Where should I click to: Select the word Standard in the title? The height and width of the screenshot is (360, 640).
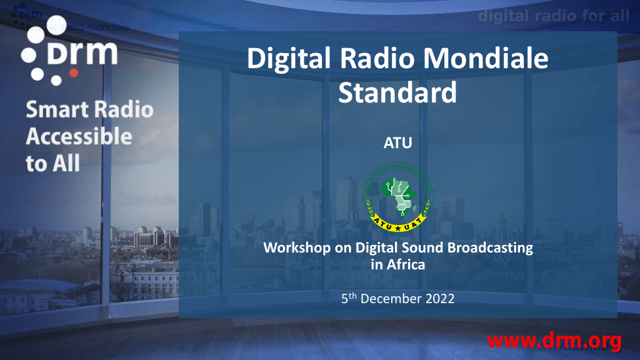pos(397,93)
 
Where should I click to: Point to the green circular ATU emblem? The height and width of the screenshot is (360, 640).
pos(398,195)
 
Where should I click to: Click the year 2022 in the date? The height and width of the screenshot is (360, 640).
pos(440,299)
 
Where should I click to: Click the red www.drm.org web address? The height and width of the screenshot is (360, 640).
pos(554,341)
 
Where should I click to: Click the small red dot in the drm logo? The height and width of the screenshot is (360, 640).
pos(74,72)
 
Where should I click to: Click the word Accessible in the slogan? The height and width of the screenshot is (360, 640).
pos(79,137)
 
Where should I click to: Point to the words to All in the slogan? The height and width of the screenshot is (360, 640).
pos(53,164)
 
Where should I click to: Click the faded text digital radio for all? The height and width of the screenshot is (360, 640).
pos(554,16)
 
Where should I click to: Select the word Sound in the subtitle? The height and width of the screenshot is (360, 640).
pos(426,247)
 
